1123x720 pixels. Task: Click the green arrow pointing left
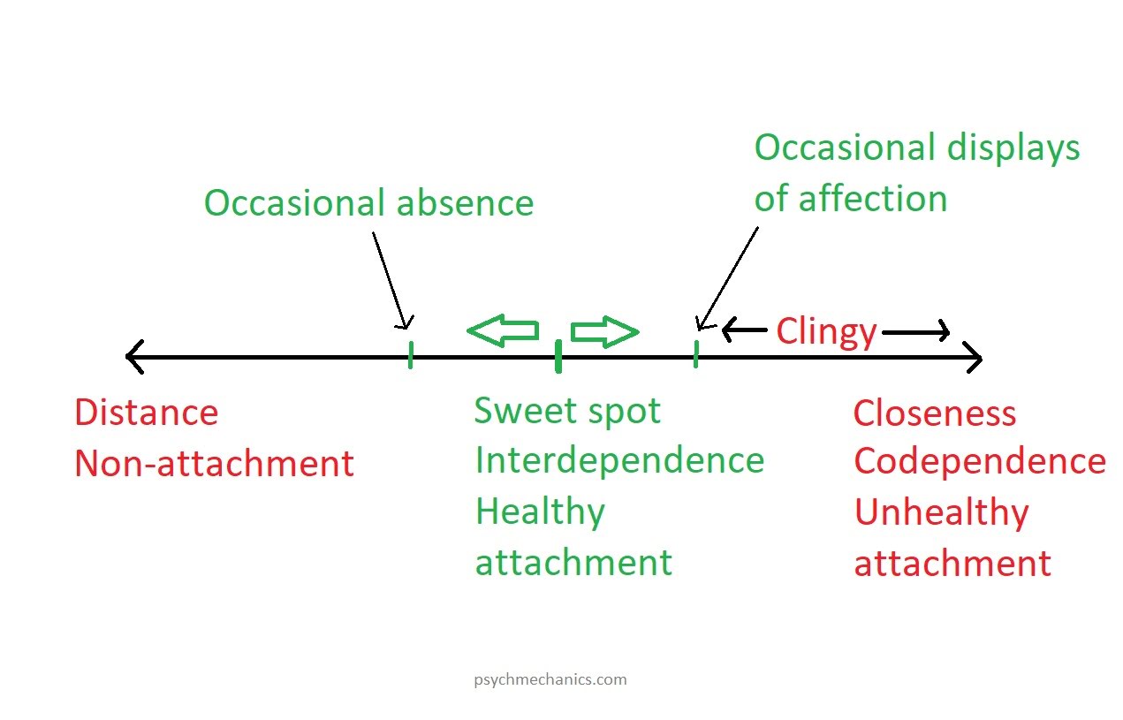(502, 330)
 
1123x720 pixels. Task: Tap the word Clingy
(826, 332)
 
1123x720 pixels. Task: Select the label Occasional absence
(368, 203)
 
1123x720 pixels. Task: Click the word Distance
(146, 413)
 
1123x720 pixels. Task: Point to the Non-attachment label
(214, 464)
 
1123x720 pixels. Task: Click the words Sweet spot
(567, 411)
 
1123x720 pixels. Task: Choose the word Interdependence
(619, 460)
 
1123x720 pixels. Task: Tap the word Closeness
(935, 413)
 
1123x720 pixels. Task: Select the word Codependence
(979, 461)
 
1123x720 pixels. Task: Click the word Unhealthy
(941, 513)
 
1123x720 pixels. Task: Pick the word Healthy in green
(540, 512)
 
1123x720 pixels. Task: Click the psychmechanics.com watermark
(550, 679)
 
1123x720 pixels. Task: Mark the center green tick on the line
(558, 356)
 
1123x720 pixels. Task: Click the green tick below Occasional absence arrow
(411, 354)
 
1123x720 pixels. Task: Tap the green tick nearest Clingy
(696, 353)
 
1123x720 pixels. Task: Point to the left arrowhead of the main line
(133, 357)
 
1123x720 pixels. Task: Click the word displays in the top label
(1013, 148)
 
